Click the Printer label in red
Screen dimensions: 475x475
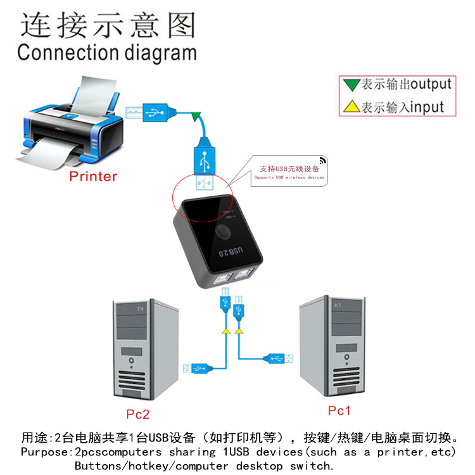tap(93, 176)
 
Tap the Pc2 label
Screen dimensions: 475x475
tap(137, 414)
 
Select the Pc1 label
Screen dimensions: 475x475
tap(339, 410)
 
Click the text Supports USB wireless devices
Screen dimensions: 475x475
tap(289, 178)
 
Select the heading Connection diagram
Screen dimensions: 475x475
tap(106, 52)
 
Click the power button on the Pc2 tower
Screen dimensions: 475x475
tap(131, 363)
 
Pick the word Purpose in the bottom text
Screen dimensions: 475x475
tap(44, 452)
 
